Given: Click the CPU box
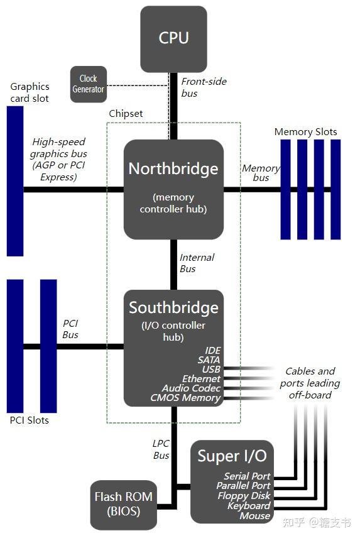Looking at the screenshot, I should click(x=173, y=38).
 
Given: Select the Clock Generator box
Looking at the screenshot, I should click(x=88, y=84).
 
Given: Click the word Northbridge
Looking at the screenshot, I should click(x=173, y=168).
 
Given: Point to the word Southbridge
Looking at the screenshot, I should click(x=173, y=307).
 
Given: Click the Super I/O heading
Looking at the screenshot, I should click(x=232, y=456).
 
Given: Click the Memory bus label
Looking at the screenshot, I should click(x=261, y=173).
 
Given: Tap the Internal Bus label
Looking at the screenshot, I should click(x=197, y=263).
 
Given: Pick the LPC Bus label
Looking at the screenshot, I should click(x=161, y=449).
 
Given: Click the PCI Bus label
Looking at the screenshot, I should click(x=70, y=329).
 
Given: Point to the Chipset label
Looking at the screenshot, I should click(x=126, y=114).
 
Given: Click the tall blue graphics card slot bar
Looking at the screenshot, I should click(x=15, y=181).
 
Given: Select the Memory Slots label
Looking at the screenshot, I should click(x=305, y=132).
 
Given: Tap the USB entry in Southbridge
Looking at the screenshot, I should click(x=211, y=369).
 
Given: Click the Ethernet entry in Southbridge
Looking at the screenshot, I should click(x=201, y=378).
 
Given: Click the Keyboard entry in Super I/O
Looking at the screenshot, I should click(x=249, y=506).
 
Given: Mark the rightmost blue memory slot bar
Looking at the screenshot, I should click(x=335, y=189).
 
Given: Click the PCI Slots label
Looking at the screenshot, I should click(x=30, y=420).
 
